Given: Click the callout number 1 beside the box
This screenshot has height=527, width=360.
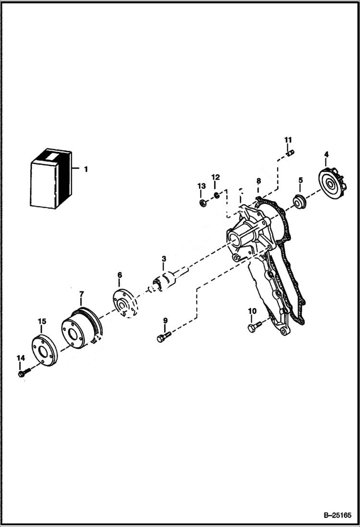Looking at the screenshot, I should (x=86, y=169).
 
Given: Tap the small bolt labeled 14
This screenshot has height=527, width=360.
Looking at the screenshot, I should (x=23, y=373).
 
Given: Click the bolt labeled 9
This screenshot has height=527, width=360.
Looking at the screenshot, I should (x=163, y=337).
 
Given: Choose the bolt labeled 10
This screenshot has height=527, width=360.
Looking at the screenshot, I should (x=253, y=327).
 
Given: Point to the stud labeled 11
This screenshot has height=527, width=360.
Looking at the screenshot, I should (x=289, y=154).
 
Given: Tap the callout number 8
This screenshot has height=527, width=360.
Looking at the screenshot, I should (x=258, y=181).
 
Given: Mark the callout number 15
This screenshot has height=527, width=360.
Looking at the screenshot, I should (x=42, y=321).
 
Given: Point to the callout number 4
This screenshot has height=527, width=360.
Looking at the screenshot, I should (x=326, y=154).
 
